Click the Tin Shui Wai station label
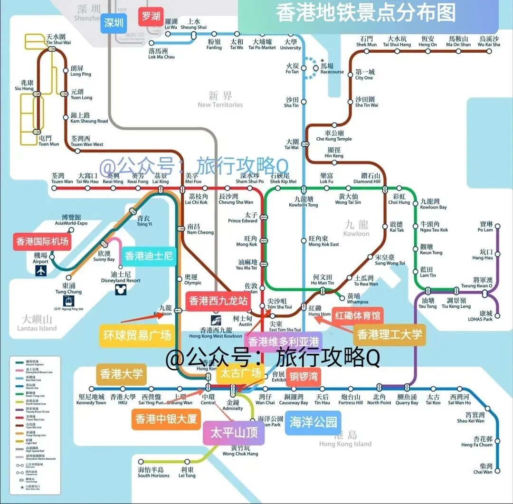[x=58, y=39]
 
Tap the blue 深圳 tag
[x=114, y=23]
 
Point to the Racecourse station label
[x=332, y=69]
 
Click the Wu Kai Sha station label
[x=489, y=42]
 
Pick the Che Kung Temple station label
[x=334, y=136]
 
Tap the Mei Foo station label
[x=193, y=178]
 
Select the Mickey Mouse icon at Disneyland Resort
[x=120, y=289]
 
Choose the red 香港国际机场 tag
[x=42, y=241]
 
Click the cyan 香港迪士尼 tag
[x=149, y=256]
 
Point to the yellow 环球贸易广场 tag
[x=137, y=335]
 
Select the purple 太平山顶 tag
[x=234, y=433]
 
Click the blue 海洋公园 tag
[x=313, y=421]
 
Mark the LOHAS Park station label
[x=486, y=316]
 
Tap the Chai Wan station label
[x=483, y=469]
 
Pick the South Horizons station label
[x=153, y=473]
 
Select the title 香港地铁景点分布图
[x=365, y=13]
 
